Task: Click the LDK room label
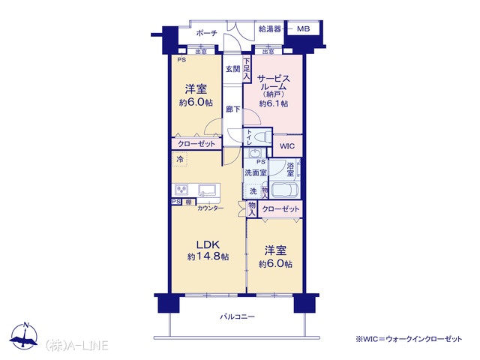pyautogui.click(x=208, y=245)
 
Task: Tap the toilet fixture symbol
pyautogui.click(x=262, y=136)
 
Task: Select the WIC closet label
pyautogui.click(x=287, y=146)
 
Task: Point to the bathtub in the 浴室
pyautogui.click(x=285, y=190)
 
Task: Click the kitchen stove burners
pyautogui.click(x=181, y=190)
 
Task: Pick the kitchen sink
pyautogui.click(x=208, y=190)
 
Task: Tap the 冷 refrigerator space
pyautogui.click(x=180, y=159)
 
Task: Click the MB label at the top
pyautogui.click(x=303, y=29)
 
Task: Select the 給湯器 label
pyautogui.click(x=270, y=29)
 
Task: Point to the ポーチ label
pyautogui.click(x=207, y=33)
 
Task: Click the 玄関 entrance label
pyautogui.click(x=233, y=69)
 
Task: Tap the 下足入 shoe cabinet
pyautogui.click(x=247, y=69)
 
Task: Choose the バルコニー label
pyautogui.click(x=238, y=316)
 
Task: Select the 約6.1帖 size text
pyautogui.click(x=273, y=103)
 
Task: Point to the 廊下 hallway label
pyautogui.click(x=233, y=109)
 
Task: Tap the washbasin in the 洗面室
pyautogui.click(x=253, y=153)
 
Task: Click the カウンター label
pyautogui.click(x=210, y=208)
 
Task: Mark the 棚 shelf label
pyautogui.click(x=188, y=202)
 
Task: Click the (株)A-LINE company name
pyautogui.click(x=76, y=345)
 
